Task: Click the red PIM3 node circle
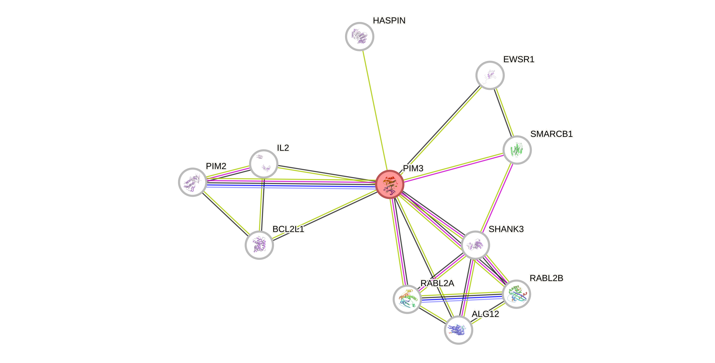point(389,184)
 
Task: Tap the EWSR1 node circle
point(490,75)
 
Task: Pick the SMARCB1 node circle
point(517,150)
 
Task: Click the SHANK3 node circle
point(475,245)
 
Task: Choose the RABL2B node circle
point(516,294)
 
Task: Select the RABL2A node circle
point(407,299)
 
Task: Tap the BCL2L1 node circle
point(259,245)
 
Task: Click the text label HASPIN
point(389,20)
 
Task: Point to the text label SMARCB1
point(551,134)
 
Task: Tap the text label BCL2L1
point(288,229)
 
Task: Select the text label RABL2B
point(546,278)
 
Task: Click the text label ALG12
point(486,314)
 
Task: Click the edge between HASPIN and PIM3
point(375,111)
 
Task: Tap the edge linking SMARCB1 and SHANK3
point(496,197)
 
